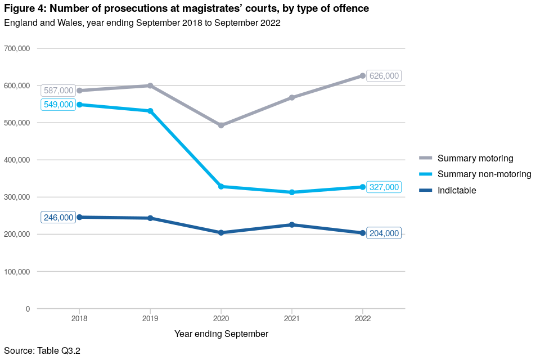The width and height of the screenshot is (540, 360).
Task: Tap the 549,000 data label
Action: tap(58, 105)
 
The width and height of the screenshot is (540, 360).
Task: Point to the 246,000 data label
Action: tap(58, 218)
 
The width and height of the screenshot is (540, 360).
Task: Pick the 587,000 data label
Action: tap(58, 91)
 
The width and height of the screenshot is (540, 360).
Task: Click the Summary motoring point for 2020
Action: tap(221, 125)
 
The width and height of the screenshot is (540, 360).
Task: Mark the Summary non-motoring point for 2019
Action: tap(150, 111)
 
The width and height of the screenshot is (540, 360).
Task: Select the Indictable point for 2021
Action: tap(292, 225)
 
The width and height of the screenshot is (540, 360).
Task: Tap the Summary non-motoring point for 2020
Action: tap(221, 186)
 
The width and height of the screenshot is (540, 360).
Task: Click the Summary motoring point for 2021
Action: tap(292, 97)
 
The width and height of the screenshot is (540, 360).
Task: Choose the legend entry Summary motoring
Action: tap(475, 159)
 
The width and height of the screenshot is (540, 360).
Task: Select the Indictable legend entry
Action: tap(457, 191)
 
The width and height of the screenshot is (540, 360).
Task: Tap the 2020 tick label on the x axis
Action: tap(221, 318)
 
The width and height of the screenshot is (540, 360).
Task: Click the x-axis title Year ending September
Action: tap(221, 334)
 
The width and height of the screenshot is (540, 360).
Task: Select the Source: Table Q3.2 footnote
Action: tap(42, 351)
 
